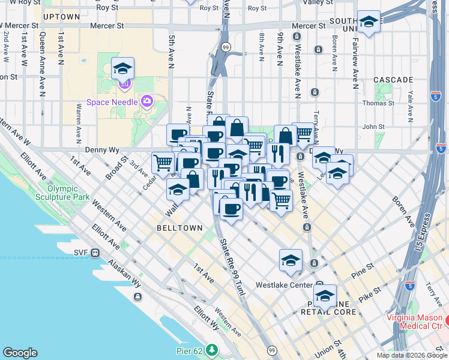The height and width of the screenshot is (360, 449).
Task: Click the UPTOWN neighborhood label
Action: click(x=62, y=17)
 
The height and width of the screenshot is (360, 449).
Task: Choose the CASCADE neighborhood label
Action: click(x=393, y=79)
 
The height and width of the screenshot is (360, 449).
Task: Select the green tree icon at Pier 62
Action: click(x=211, y=349)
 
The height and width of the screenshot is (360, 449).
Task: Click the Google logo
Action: click(x=20, y=353)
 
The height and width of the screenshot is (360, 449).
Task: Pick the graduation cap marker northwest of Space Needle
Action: click(x=122, y=70)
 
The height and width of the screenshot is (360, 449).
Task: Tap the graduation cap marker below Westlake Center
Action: click(x=325, y=296)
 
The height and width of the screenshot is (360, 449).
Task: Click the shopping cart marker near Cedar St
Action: click(x=163, y=162)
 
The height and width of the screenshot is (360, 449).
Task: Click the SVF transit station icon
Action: click(x=95, y=253)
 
